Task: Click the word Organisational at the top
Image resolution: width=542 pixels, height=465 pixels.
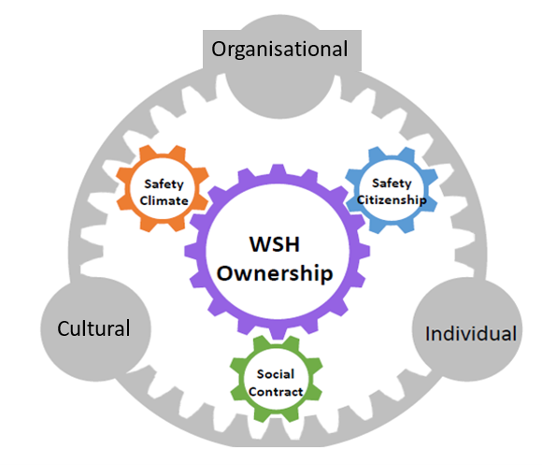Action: pyautogui.click(x=279, y=50)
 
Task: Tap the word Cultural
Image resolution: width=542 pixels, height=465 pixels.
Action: pyautogui.click(x=93, y=328)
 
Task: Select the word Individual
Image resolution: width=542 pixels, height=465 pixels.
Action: pyautogui.click(x=471, y=333)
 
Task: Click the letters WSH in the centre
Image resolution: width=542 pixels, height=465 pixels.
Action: pyautogui.click(x=275, y=244)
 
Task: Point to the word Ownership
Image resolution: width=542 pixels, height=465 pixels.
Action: pyautogui.click(x=275, y=274)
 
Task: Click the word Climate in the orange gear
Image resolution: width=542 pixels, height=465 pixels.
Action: pyautogui.click(x=164, y=200)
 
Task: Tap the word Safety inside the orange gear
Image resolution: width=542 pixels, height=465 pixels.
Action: pyautogui.click(x=164, y=184)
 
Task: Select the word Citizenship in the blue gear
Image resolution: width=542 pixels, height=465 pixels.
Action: pyautogui.click(x=392, y=200)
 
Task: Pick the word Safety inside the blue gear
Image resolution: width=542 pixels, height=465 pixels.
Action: pyautogui.click(x=392, y=183)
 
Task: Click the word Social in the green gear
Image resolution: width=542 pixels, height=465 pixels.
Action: pyautogui.click(x=276, y=374)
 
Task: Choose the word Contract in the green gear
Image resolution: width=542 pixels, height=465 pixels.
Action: pyautogui.click(x=276, y=392)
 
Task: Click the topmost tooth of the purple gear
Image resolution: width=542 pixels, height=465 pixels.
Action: pyautogui.click(x=278, y=170)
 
